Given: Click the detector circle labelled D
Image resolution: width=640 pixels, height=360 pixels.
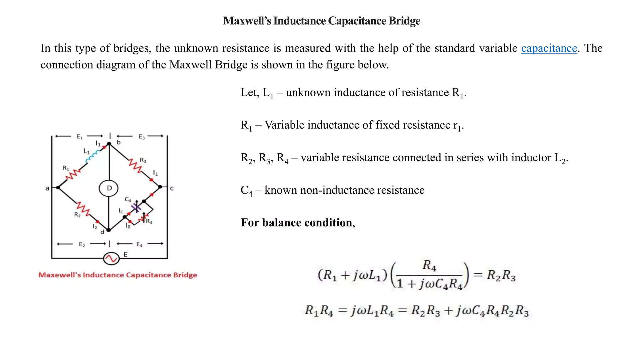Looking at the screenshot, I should [109, 188].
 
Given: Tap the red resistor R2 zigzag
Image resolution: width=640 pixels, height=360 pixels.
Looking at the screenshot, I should [83, 208].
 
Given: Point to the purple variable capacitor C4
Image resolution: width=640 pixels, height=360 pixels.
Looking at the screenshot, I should [136, 207].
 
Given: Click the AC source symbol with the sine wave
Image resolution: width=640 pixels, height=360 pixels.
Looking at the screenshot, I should [111, 258].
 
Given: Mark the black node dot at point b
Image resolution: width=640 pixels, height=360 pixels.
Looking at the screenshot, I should [109, 144].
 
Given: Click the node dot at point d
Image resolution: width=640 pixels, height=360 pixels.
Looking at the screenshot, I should [108, 230].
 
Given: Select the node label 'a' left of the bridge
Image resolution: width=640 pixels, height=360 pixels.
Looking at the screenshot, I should [47, 188].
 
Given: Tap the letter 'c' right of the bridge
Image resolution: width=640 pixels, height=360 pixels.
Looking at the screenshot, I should [172, 188].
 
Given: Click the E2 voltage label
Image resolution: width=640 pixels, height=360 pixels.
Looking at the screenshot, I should [82, 244].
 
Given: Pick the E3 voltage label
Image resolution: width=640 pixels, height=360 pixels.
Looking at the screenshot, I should [142, 137].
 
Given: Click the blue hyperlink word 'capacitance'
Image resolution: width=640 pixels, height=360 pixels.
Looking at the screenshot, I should [549, 48].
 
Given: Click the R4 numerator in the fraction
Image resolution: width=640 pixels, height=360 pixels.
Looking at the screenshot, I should [429, 265].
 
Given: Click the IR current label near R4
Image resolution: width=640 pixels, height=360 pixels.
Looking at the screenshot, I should [128, 226].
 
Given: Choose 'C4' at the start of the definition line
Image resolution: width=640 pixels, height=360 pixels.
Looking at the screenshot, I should [246, 190].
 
